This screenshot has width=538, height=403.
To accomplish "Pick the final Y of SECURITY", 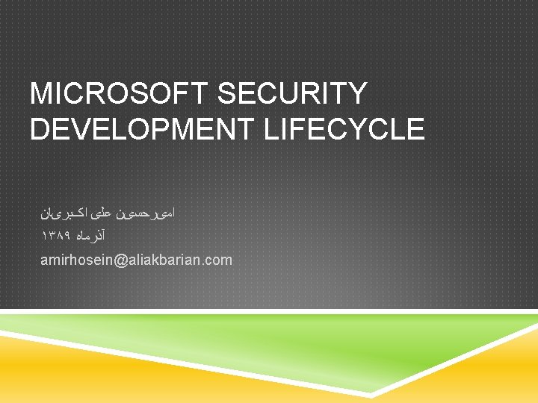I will pyautogui.click(x=356, y=94).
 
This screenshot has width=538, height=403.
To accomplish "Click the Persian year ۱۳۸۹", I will pyautogui.click(x=56, y=236).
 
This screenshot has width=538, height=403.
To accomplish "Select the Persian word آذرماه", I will pyautogui.click(x=93, y=236).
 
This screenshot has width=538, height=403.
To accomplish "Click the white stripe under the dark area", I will pyautogui.click(x=269, y=310).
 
